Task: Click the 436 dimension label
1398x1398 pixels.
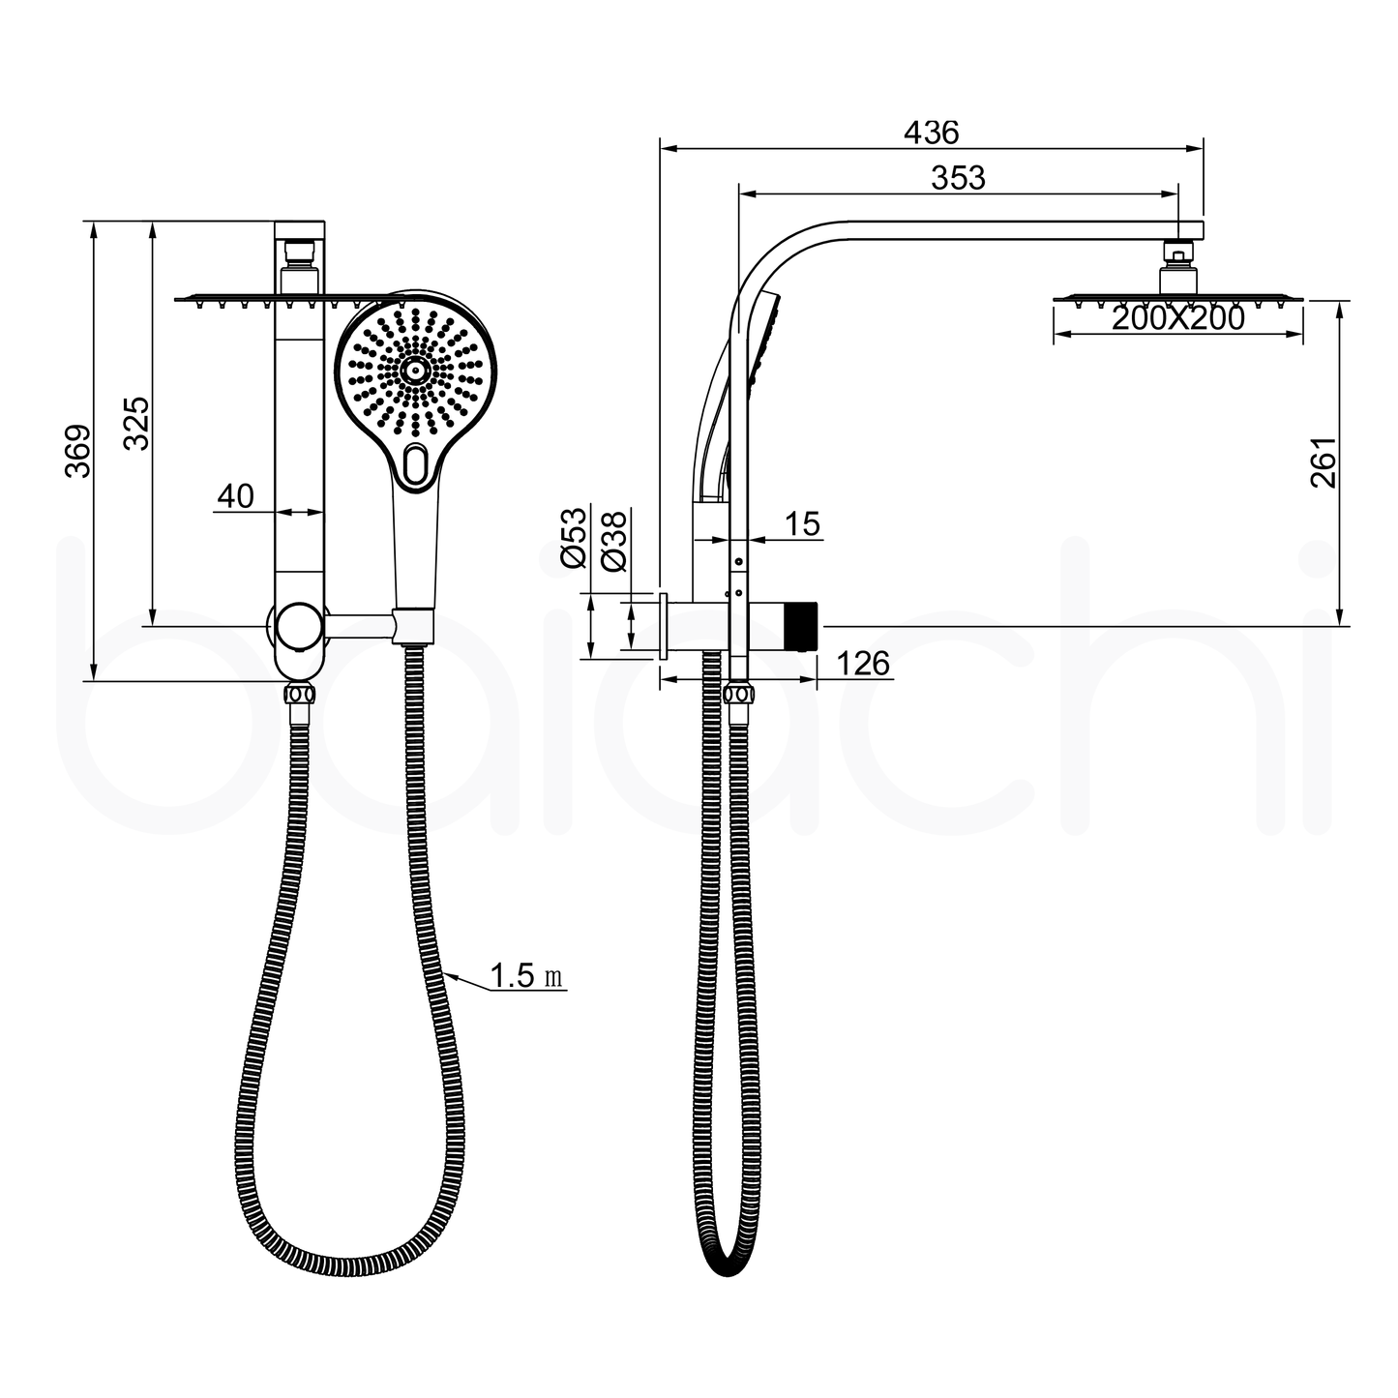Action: click(930, 132)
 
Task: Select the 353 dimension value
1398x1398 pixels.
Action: click(958, 178)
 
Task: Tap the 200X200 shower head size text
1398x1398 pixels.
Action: click(1177, 317)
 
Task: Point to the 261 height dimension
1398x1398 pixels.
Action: click(1324, 461)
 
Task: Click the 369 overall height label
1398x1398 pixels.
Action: click(78, 450)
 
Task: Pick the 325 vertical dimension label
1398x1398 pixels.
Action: click(137, 423)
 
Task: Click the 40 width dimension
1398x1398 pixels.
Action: click(235, 496)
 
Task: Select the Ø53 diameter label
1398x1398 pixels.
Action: click(574, 537)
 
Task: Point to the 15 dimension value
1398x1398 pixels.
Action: click(802, 524)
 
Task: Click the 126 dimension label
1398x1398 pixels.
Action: click(860, 664)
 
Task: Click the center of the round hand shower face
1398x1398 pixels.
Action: click(415, 370)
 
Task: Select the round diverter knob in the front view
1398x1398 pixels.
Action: click(297, 627)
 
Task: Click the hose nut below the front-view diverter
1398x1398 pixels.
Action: click(298, 695)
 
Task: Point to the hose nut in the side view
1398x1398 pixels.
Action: click(739, 694)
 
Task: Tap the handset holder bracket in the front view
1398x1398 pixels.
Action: click(413, 626)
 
